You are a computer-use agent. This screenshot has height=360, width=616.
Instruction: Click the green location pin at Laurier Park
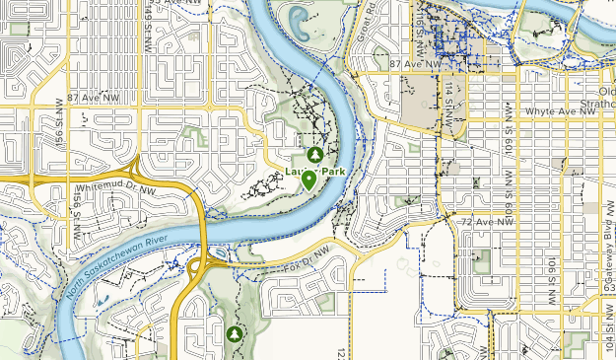(309, 180)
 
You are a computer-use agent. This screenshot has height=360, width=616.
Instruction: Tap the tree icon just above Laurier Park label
(314, 155)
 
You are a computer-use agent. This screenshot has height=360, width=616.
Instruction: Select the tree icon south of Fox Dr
(234, 335)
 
